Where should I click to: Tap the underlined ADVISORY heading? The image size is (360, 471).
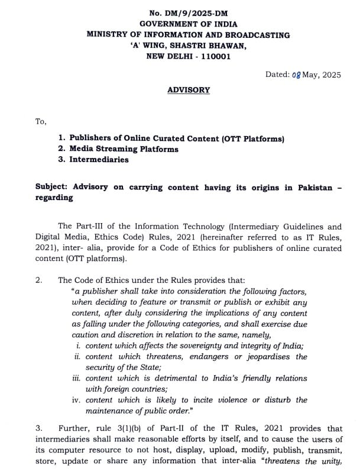click(x=189, y=90)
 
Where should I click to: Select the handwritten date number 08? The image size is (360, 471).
click(x=296, y=75)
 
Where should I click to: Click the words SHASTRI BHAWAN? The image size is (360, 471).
click(x=206, y=46)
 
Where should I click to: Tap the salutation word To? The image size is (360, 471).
click(x=41, y=121)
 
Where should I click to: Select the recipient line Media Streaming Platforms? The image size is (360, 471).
click(x=124, y=149)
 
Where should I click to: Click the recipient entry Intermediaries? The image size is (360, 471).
click(x=99, y=160)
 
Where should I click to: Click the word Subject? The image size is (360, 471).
click(x=51, y=187)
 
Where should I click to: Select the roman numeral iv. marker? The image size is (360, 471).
click(x=76, y=399)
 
